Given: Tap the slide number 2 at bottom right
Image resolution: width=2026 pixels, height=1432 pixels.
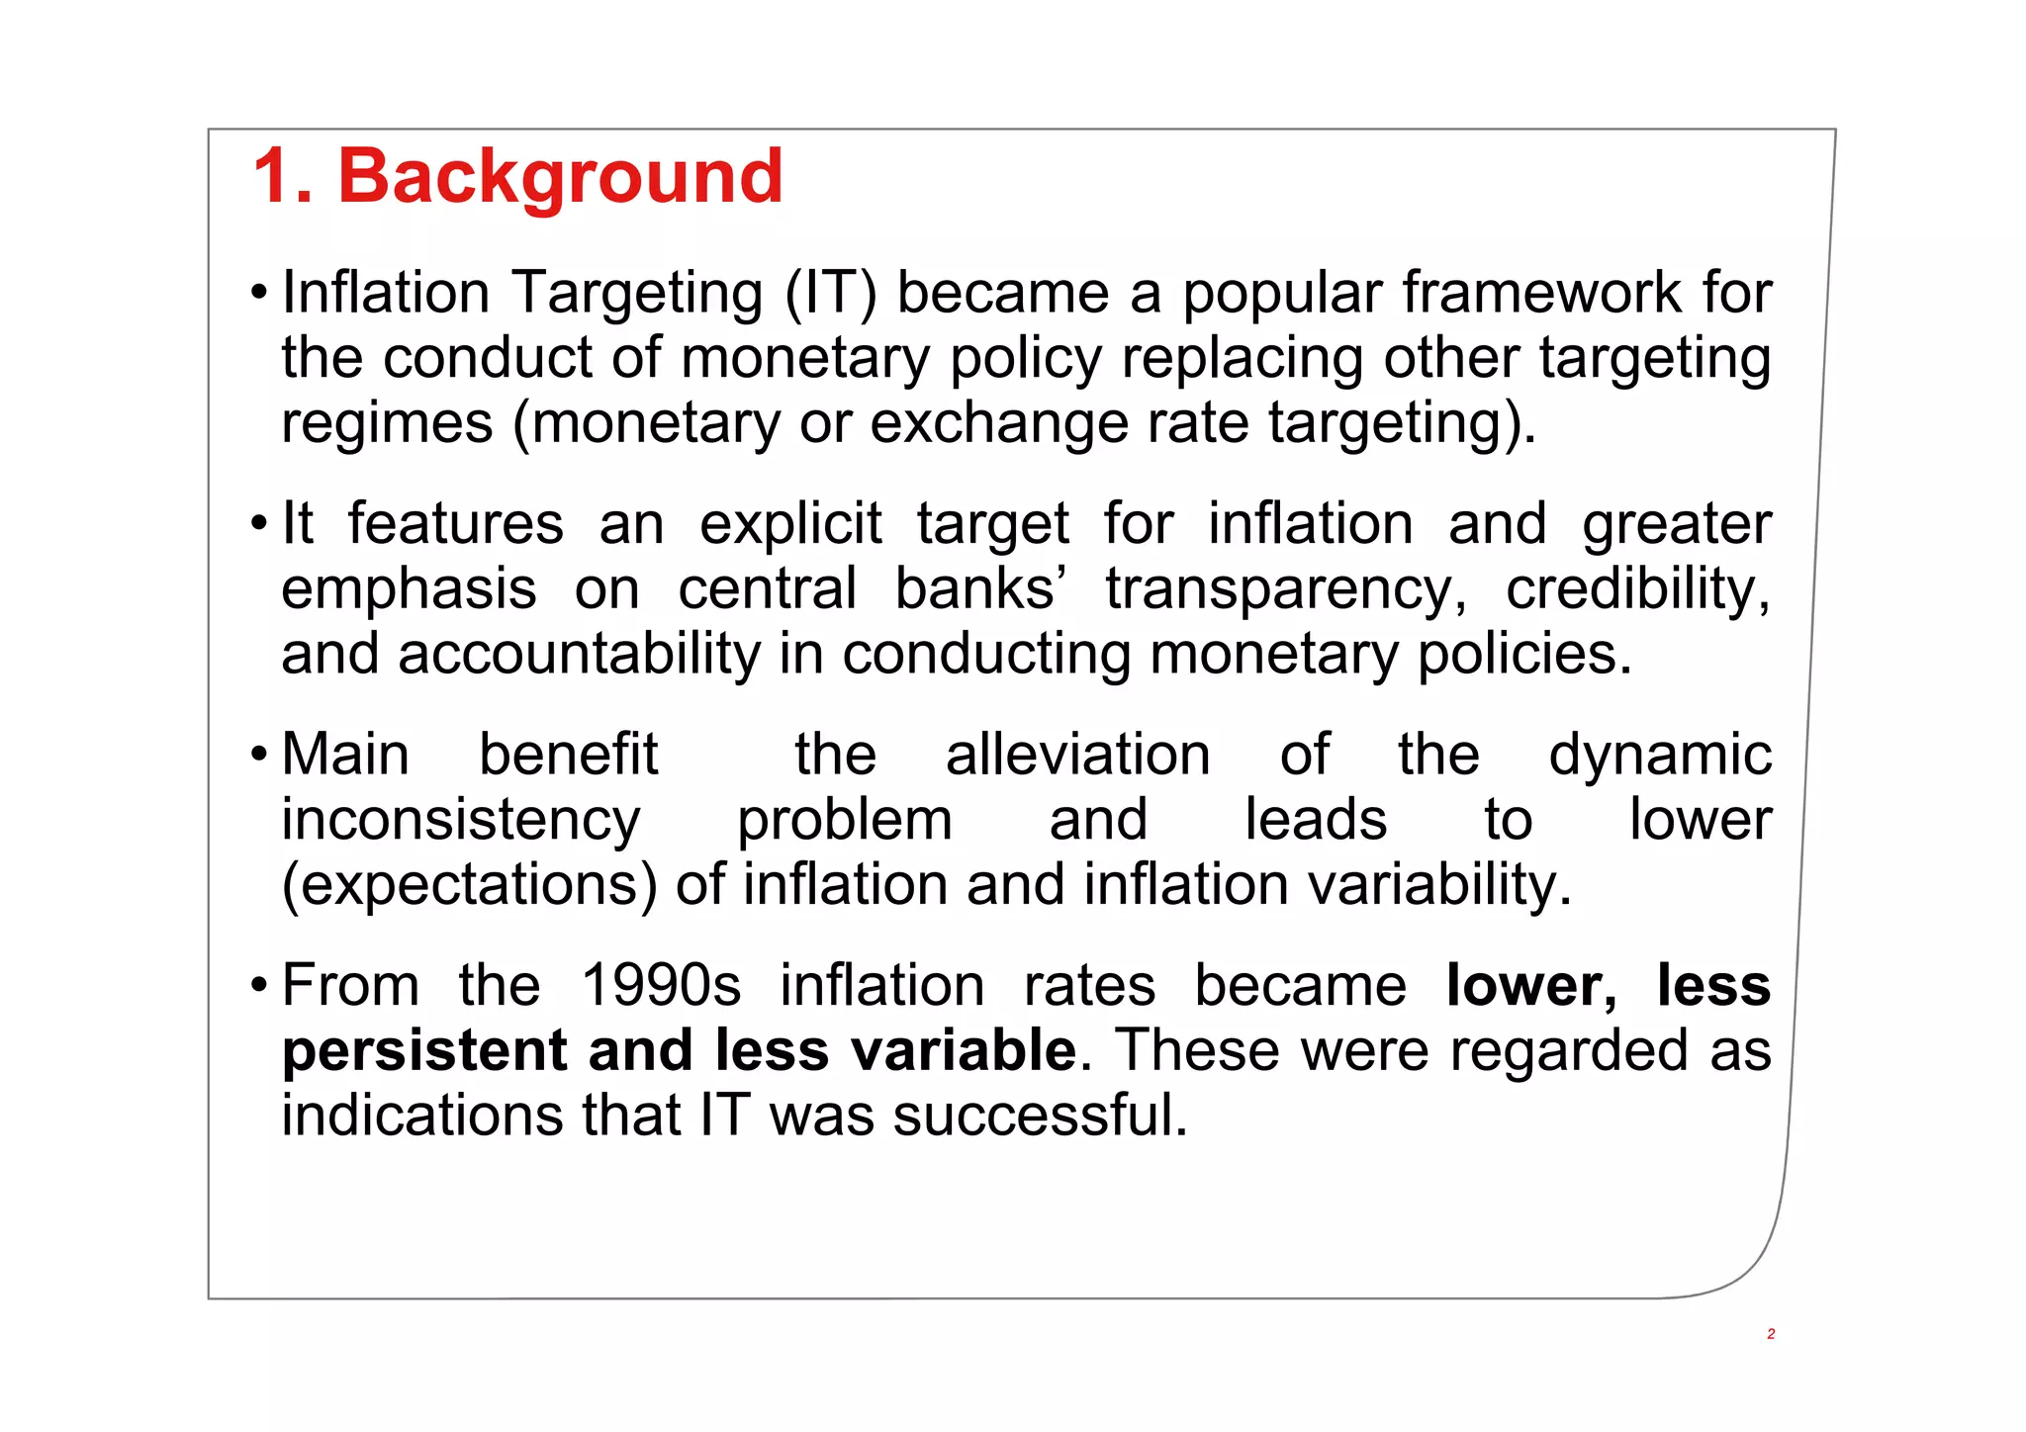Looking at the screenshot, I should tap(1771, 1334).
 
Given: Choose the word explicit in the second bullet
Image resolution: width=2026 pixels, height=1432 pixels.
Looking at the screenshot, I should tap(790, 524).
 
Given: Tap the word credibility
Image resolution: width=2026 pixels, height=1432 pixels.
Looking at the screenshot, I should tap(1637, 590).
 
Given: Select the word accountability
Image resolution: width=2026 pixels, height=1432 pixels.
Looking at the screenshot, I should tap(580, 655).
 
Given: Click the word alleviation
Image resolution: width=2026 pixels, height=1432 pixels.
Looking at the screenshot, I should tap(1078, 756).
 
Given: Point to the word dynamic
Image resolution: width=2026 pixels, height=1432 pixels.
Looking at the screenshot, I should tap(1659, 756).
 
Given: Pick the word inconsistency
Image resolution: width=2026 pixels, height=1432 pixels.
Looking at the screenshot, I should tap(461, 821).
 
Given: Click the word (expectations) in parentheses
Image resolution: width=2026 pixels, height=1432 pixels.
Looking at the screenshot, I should tap(469, 885).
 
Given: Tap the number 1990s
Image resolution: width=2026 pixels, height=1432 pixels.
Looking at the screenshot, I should tap(661, 986).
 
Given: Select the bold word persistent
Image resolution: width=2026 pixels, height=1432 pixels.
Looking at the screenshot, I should tap(425, 1050).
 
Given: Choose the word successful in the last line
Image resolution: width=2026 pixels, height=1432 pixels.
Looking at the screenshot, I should tap(1039, 1116).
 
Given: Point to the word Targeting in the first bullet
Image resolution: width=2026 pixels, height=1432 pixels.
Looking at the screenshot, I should tap(637, 294).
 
